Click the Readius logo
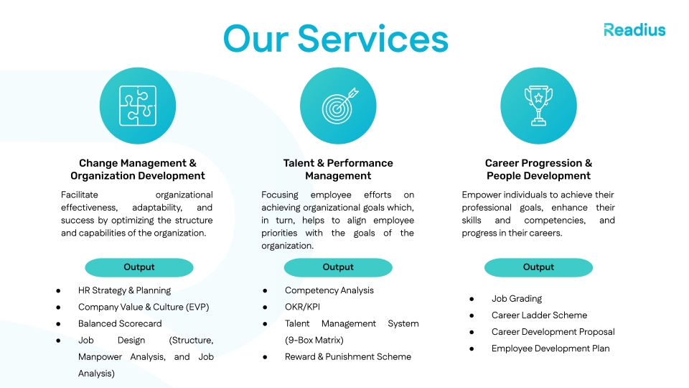[634, 29]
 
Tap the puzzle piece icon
[138, 106]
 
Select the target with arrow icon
[338, 106]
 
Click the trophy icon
[538, 106]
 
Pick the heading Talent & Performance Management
[338, 170]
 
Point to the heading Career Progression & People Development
[538, 170]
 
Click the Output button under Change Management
[139, 267]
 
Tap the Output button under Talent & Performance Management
[338, 267]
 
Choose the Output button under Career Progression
[538, 267]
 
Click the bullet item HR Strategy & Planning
[124, 290]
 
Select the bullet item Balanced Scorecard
[120, 323]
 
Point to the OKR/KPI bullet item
[302, 307]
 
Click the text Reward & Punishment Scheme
[348, 356]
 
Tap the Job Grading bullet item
[517, 298]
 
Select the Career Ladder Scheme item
[539, 315]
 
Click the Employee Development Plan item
[550, 348]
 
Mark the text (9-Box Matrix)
[314, 340]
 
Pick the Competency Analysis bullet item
[329, 290]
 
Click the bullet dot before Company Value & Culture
[58, 307]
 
